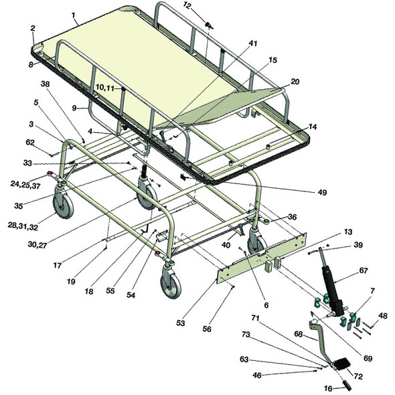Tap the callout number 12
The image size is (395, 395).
pyautogui.click(x=187, y=5)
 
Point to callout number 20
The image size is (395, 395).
pyautogui.click(x=295, y=82)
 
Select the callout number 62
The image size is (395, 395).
pyautogui.click(x=29, y=142)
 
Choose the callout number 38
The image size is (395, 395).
pyautogui.click(x=45, y=84)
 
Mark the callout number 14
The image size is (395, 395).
pyautogui.click(x=312, y=127)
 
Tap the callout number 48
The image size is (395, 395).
pyautogui.click(x=383, y=316)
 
